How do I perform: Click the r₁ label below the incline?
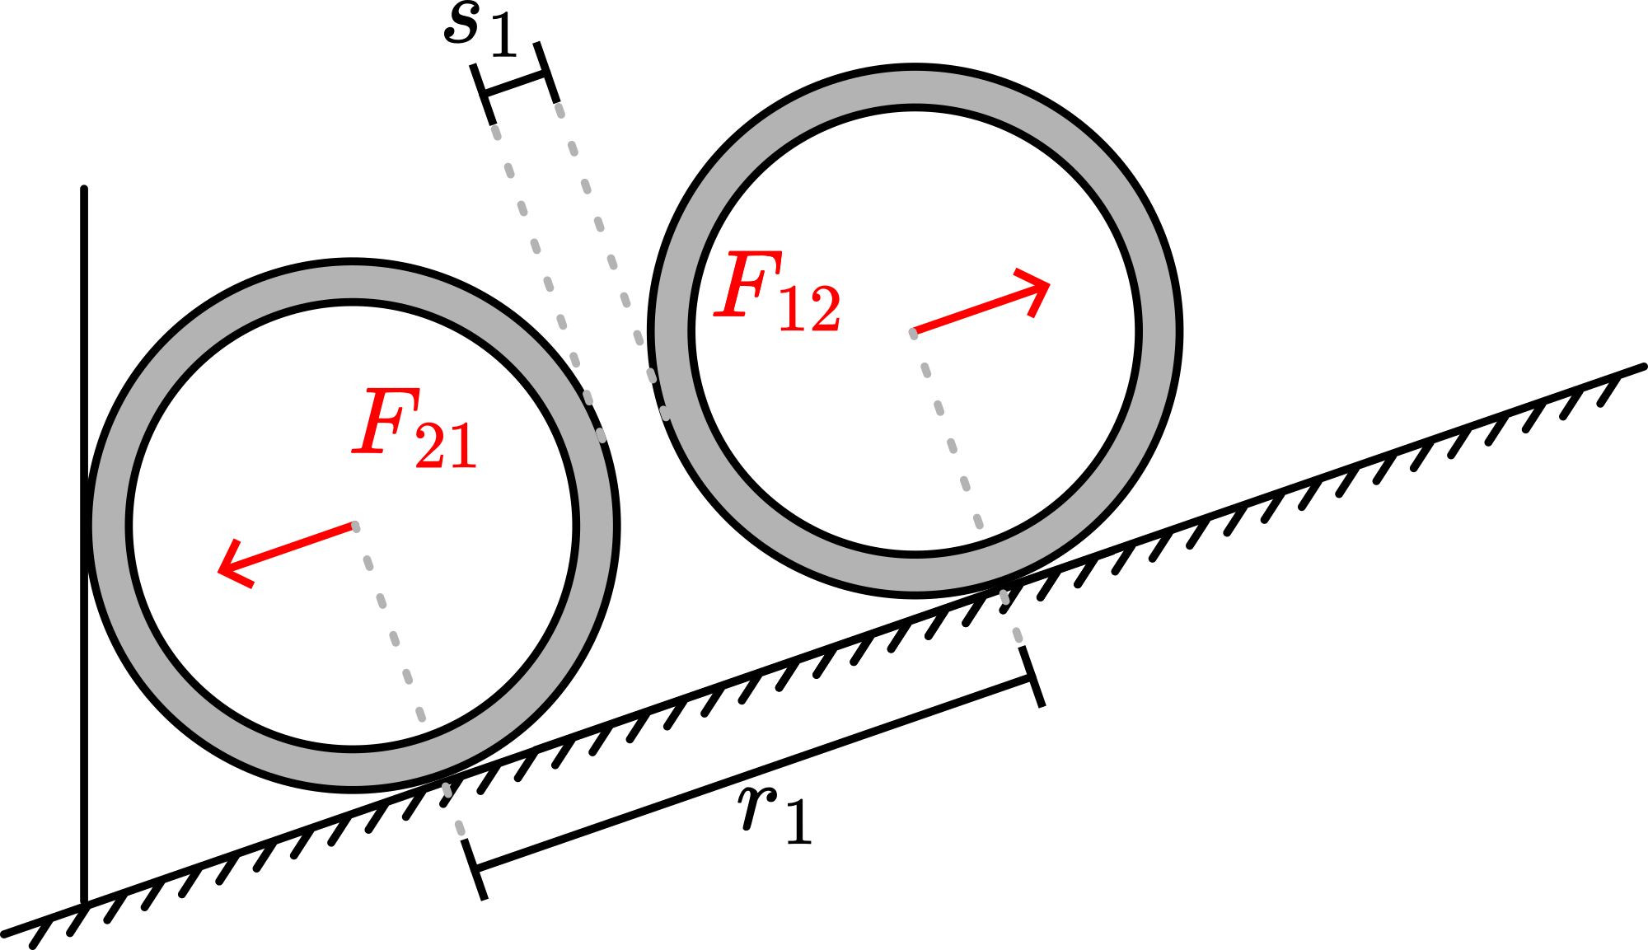[x=775, y=816]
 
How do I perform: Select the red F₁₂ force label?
[x=778, y=292]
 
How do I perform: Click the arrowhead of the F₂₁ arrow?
[x=226, y=569]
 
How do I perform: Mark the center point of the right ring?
[x=915, y=332]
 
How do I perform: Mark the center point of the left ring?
[x=353, y=526]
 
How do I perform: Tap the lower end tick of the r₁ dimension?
[x=475, y=868]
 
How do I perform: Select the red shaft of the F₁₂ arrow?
[x=972, y=312]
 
